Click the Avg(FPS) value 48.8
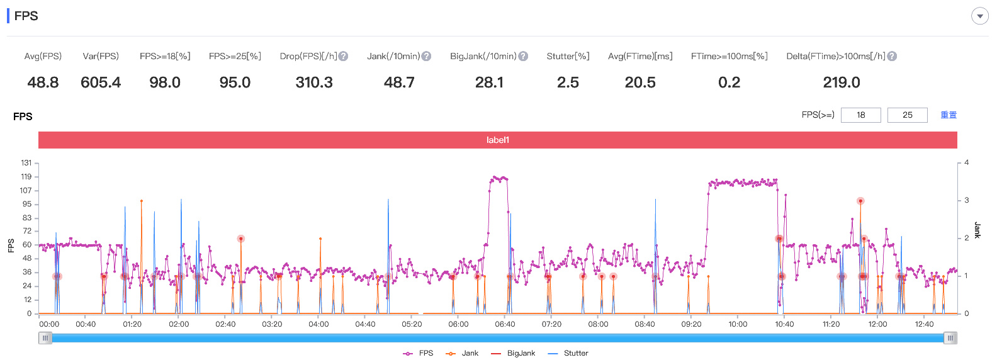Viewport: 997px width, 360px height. tap(43, 82)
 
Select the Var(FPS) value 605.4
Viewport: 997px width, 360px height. tap(101, 82)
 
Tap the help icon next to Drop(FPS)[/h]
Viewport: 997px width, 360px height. tap(343, 57)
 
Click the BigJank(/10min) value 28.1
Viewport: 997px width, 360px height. tap(488, 82)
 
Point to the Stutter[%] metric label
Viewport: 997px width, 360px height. tap(568, 57)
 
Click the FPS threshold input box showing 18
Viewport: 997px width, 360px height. tap(861, 115)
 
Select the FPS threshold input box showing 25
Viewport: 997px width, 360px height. tap(908, 115)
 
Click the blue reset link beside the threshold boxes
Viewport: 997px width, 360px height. tap(949, 115)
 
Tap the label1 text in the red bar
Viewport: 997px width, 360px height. tap(498, 140)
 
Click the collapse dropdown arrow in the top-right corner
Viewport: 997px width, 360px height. tap(979, 16)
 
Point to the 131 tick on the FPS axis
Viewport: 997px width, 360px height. tap(26, 163)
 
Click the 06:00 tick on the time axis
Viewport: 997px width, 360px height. tap(458, 324)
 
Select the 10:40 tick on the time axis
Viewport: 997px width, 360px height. tap(784, 324)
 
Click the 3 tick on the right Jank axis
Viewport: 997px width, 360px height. tap(966, 200)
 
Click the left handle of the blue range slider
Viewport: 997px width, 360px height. tap(45, 338)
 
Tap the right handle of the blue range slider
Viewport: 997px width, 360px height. tap(950, 338)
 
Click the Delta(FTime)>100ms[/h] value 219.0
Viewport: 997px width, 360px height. tap(841, 82)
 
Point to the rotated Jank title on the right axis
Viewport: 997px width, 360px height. tap(977, 230)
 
